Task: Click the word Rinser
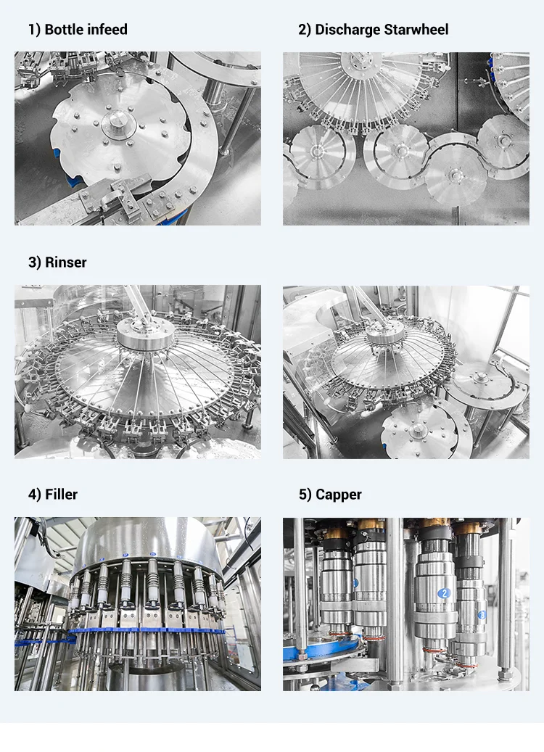point(66,263)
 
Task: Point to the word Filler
point(61,495)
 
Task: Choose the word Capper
point(339,495)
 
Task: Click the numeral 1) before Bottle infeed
point(35,30)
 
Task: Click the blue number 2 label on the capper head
point(444,593)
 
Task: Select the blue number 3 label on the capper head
point(482,615)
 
